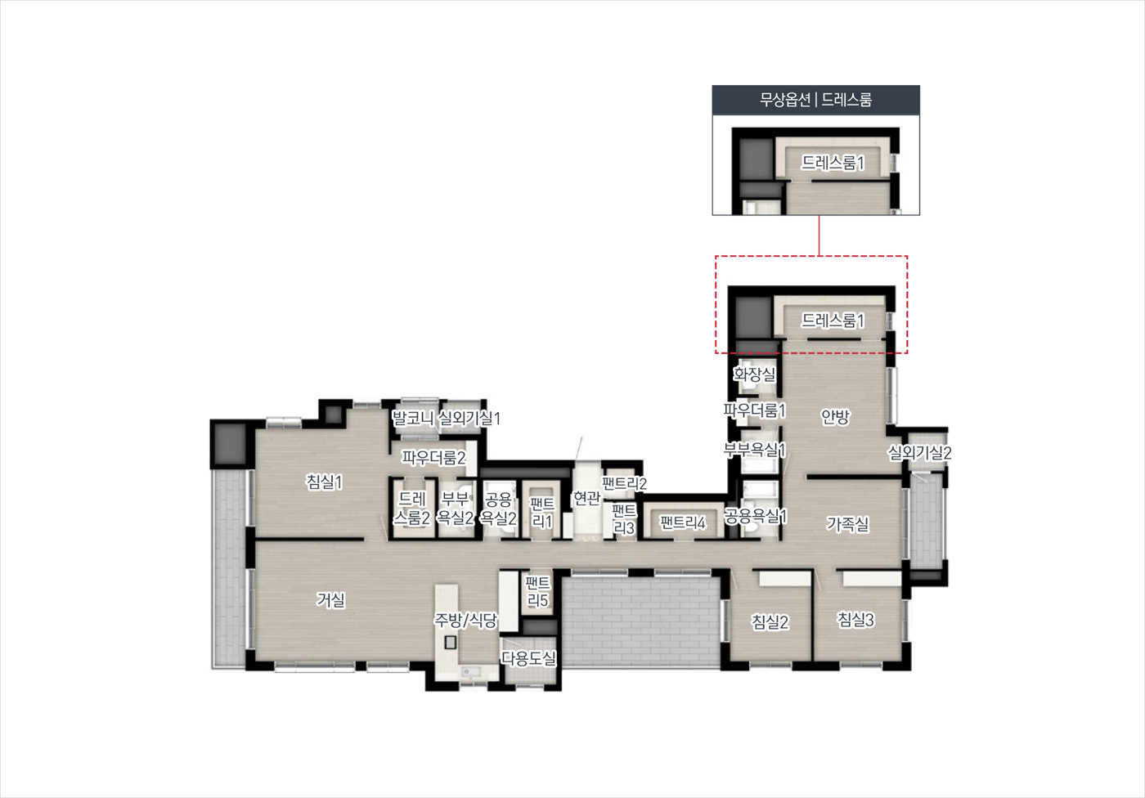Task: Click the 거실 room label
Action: click(x=330, y=599)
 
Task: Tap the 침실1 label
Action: click(x=324, y=482)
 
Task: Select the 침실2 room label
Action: click(x=770, y=621)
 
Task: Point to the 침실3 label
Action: click(x=855, y=620)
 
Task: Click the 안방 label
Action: click(x=835, y=417)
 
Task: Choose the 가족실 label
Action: click(x=847, y=523)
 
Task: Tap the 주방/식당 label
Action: click(x=465, y=621)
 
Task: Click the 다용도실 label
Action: click(x=528, y=658)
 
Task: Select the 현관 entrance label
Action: click(x=586, y=498)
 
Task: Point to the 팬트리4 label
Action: click(x=682, y=522)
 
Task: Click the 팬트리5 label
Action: click(x=538, y=592)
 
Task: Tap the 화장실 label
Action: click(x=754, y=374)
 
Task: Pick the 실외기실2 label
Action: click(x=919, y=452)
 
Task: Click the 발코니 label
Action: click(x=412, y=418)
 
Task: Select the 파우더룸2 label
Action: click(x=433, y=457)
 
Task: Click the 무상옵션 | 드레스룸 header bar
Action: click(x=816, y=100)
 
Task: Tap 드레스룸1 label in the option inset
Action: click(x=833, y=163)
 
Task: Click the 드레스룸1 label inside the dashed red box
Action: click(x=833, y=321)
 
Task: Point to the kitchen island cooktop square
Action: click(x=450, y=642)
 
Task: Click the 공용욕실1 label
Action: click(x=755, y=516)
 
